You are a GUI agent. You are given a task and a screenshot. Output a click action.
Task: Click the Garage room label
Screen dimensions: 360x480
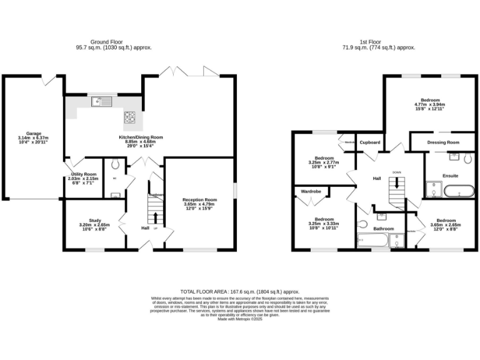(x=34, y=133)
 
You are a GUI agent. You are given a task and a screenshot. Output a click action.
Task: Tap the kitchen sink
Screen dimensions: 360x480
(x=99, y=102)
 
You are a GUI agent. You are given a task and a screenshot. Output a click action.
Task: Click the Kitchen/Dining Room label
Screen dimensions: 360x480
(x=141, y=137)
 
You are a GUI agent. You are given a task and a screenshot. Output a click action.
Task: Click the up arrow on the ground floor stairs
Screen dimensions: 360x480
(x=156, y=217)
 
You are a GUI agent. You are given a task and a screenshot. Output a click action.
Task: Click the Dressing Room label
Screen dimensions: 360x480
(x=443, y=142)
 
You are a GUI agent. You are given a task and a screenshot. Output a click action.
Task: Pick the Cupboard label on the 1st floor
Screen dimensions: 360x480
(x=370, y=142)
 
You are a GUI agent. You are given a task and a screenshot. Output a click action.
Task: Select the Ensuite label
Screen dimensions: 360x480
(x=450, y=176)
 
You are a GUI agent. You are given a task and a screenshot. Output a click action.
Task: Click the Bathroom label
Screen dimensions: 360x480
(x=384, y=229)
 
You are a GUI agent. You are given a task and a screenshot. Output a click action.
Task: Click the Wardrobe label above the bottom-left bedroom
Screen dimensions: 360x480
(x=311, y=191)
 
